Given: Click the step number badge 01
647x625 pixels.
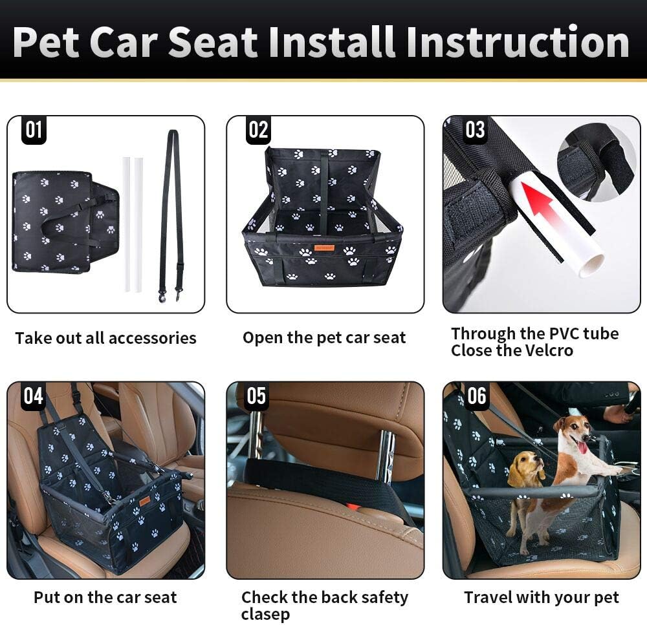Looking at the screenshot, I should tap(33, 130).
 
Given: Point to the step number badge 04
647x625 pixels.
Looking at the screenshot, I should tap(33, 396).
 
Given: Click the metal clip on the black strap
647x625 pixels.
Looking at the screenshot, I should tap(162, 295).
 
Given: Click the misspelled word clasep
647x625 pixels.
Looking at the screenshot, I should tap(265, 613).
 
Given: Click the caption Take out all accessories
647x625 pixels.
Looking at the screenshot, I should tap(105, 338).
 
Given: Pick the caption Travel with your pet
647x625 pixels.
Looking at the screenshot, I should tap(541, 598).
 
